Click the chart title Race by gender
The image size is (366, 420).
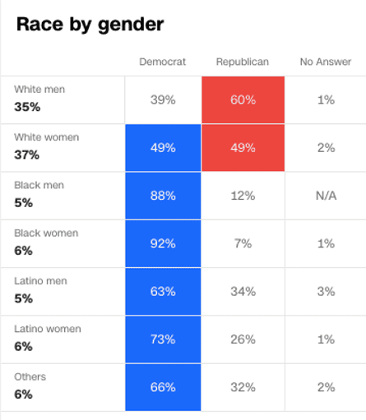pos(90,25)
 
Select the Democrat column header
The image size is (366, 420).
pos(163,62)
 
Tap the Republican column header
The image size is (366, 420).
pos(243,62)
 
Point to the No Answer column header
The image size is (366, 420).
pos(325,62)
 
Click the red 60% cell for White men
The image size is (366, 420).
pos(243,99)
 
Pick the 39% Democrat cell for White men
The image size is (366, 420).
pos(163,99)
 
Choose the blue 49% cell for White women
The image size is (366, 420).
pos(163,148)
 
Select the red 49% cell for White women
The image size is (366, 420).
pos(243,148)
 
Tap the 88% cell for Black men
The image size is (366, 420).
pos(163,196)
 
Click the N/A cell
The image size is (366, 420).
pos(325,196)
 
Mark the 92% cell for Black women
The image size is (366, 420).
pos(163,243)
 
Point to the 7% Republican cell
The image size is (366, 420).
pos(243,243)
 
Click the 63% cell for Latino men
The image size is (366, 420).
pos(163,291)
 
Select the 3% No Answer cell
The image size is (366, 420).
pos(325,291)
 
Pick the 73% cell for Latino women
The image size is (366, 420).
pos(163,339)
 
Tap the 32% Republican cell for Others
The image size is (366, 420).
pos(243,387)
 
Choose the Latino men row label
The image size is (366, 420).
pos(40,281)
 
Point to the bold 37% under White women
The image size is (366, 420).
pos(24,155)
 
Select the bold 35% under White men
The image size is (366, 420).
pos(24,106)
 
